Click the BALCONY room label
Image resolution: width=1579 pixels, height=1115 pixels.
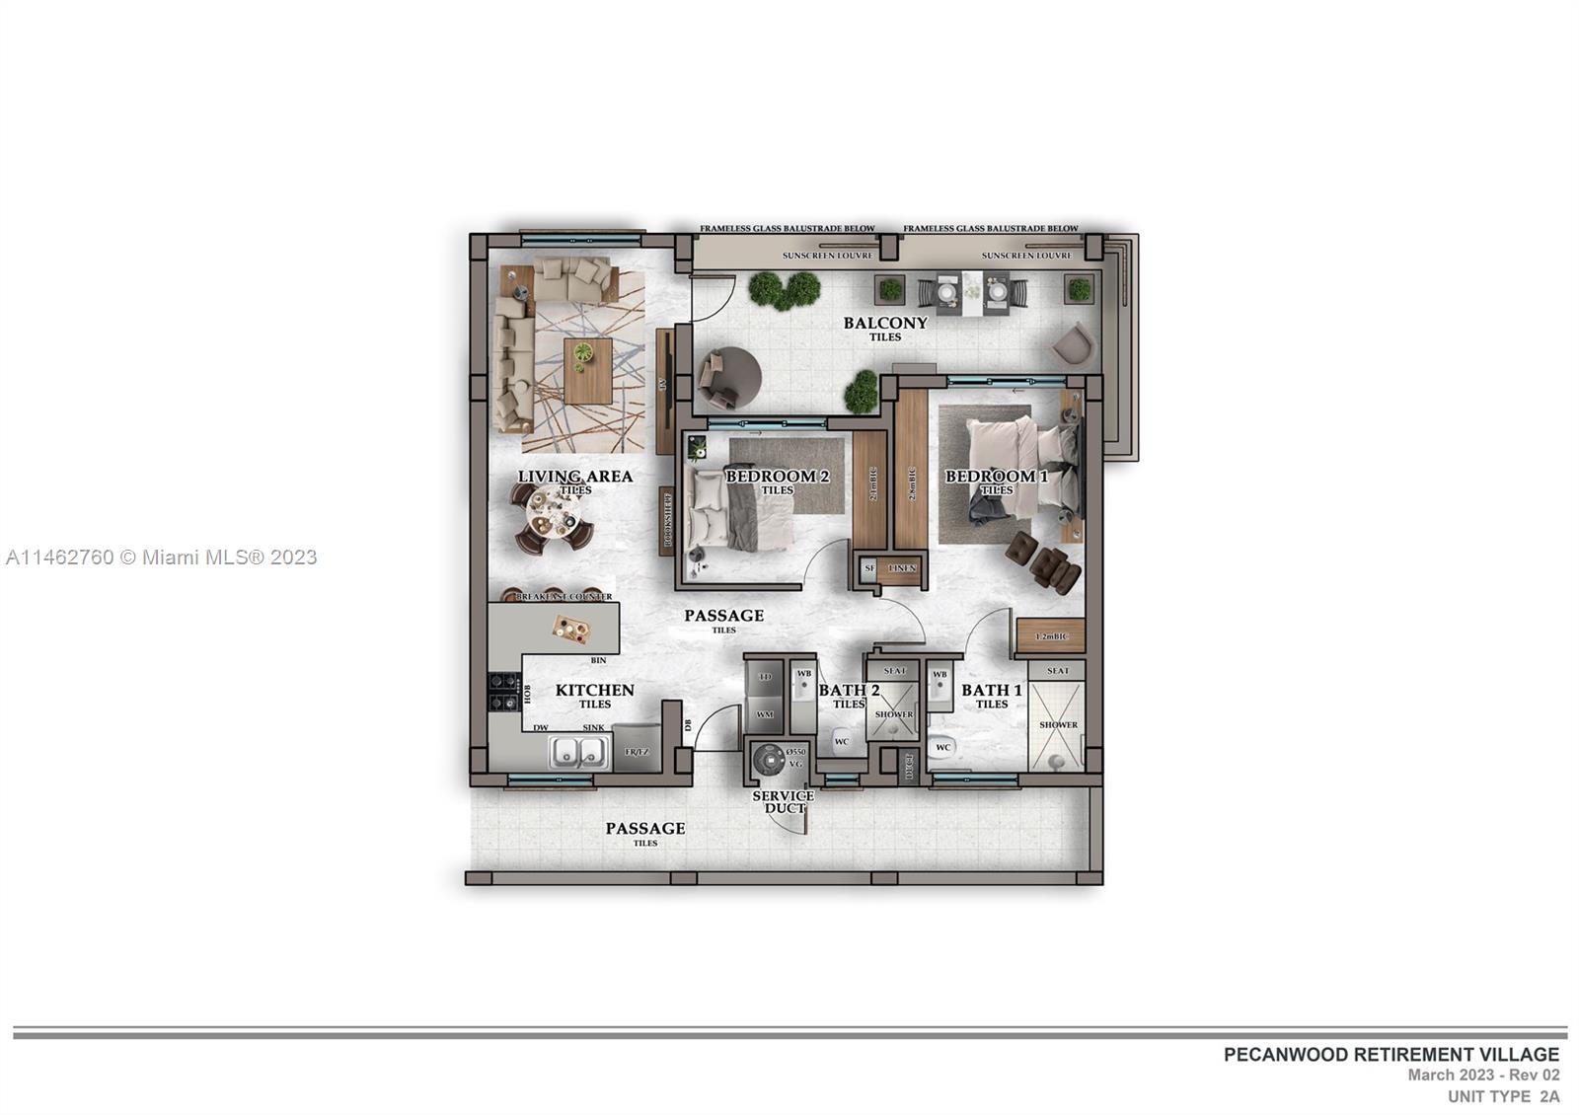tap(885, 323)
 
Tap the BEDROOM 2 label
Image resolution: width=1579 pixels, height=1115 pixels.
tap(777, 477)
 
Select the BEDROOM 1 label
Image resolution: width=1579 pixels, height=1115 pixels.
tap(996, 477)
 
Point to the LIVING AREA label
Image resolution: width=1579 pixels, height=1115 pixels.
tap(575, 477)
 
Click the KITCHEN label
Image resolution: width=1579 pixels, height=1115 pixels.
tap(594, 691)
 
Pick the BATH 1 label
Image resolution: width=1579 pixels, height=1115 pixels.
tap(992, 691)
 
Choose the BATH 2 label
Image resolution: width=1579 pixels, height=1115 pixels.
tap(849, 691)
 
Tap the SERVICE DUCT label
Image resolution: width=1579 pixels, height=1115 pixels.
tap(784, 802)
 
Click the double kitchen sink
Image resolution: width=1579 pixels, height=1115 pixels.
tap(578, 752)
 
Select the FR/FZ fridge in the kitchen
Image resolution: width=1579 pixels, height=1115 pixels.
tap(637, 752)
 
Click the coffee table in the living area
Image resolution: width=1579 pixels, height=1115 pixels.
tap(588, 370)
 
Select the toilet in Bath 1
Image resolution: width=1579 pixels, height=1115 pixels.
tap(943, 747)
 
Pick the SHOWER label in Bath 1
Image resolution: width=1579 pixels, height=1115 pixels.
tap(1058, 725)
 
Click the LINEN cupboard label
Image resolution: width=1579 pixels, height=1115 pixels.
tap(902, 568)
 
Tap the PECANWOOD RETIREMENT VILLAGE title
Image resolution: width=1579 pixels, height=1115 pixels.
tap(1391, 1054)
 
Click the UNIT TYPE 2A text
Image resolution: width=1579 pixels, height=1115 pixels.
tap(1503, 1096)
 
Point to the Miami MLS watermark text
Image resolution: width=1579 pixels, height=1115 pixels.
tap(161, 557)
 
